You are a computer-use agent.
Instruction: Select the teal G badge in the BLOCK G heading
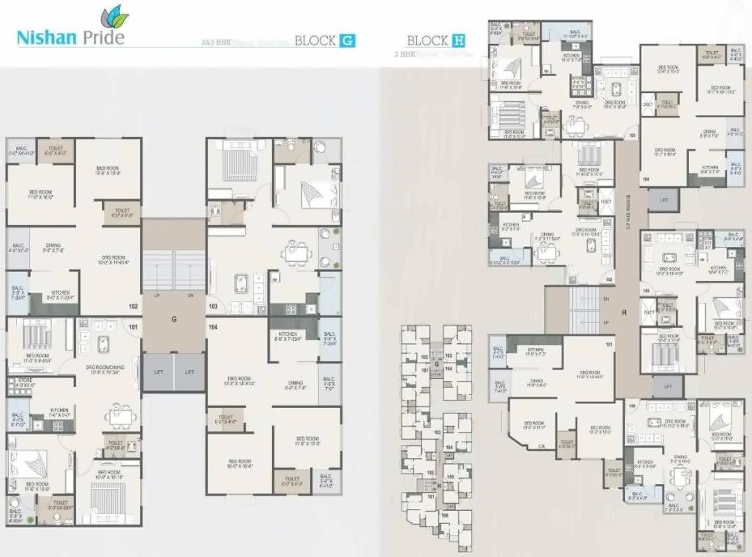point(346,40)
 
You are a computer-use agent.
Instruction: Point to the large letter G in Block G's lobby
point(173,319)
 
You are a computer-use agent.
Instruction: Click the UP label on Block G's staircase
point(155,295)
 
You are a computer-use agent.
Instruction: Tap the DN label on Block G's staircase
point(191,295)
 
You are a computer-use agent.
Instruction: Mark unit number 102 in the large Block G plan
point(133,306)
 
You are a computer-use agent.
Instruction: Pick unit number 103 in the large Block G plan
point(214,307)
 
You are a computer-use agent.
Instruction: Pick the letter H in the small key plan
point(438,485)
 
